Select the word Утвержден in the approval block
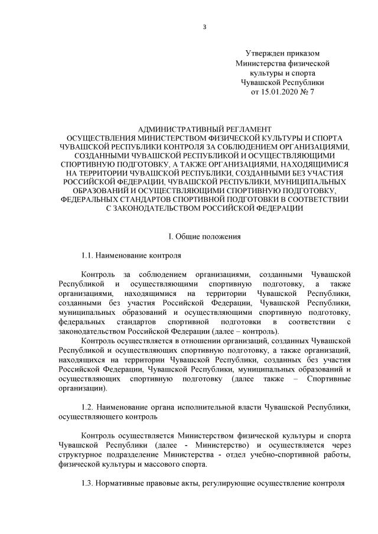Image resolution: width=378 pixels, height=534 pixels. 263,54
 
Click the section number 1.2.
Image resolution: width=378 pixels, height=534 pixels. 89,408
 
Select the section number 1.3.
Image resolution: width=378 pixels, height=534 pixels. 89,484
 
